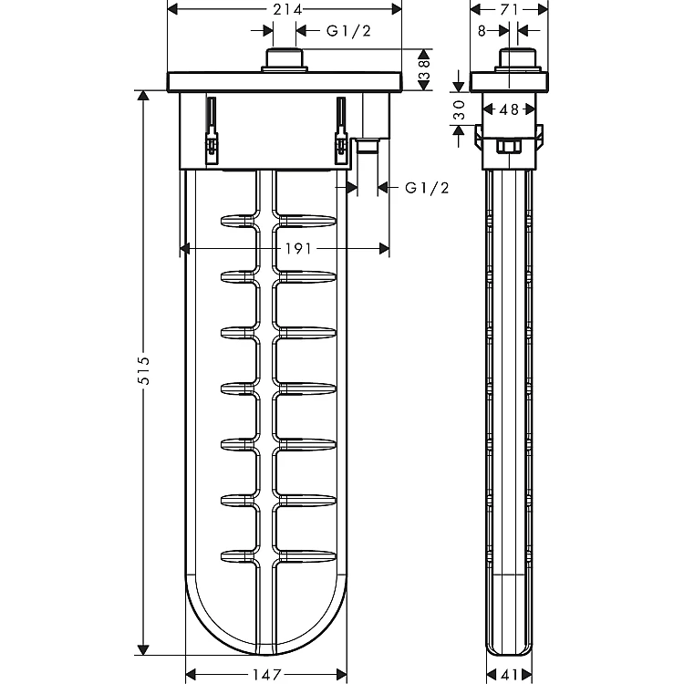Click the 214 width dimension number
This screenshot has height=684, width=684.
tap(287, 9)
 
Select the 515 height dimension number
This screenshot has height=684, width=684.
tap(143, 371)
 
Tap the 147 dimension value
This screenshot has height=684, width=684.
tap(266, 675)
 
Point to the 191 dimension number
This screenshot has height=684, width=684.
tap(298, 249)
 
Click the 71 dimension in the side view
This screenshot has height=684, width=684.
tap(509, 9)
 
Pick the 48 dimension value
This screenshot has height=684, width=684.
tap(509, 109)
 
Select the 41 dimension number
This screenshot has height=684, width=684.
tap(509, 675)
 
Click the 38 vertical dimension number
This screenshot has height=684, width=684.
tap(424, 70)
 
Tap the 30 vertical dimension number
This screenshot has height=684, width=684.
tap(459, 110)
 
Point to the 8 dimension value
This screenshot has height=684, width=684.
tap(482, 30)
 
